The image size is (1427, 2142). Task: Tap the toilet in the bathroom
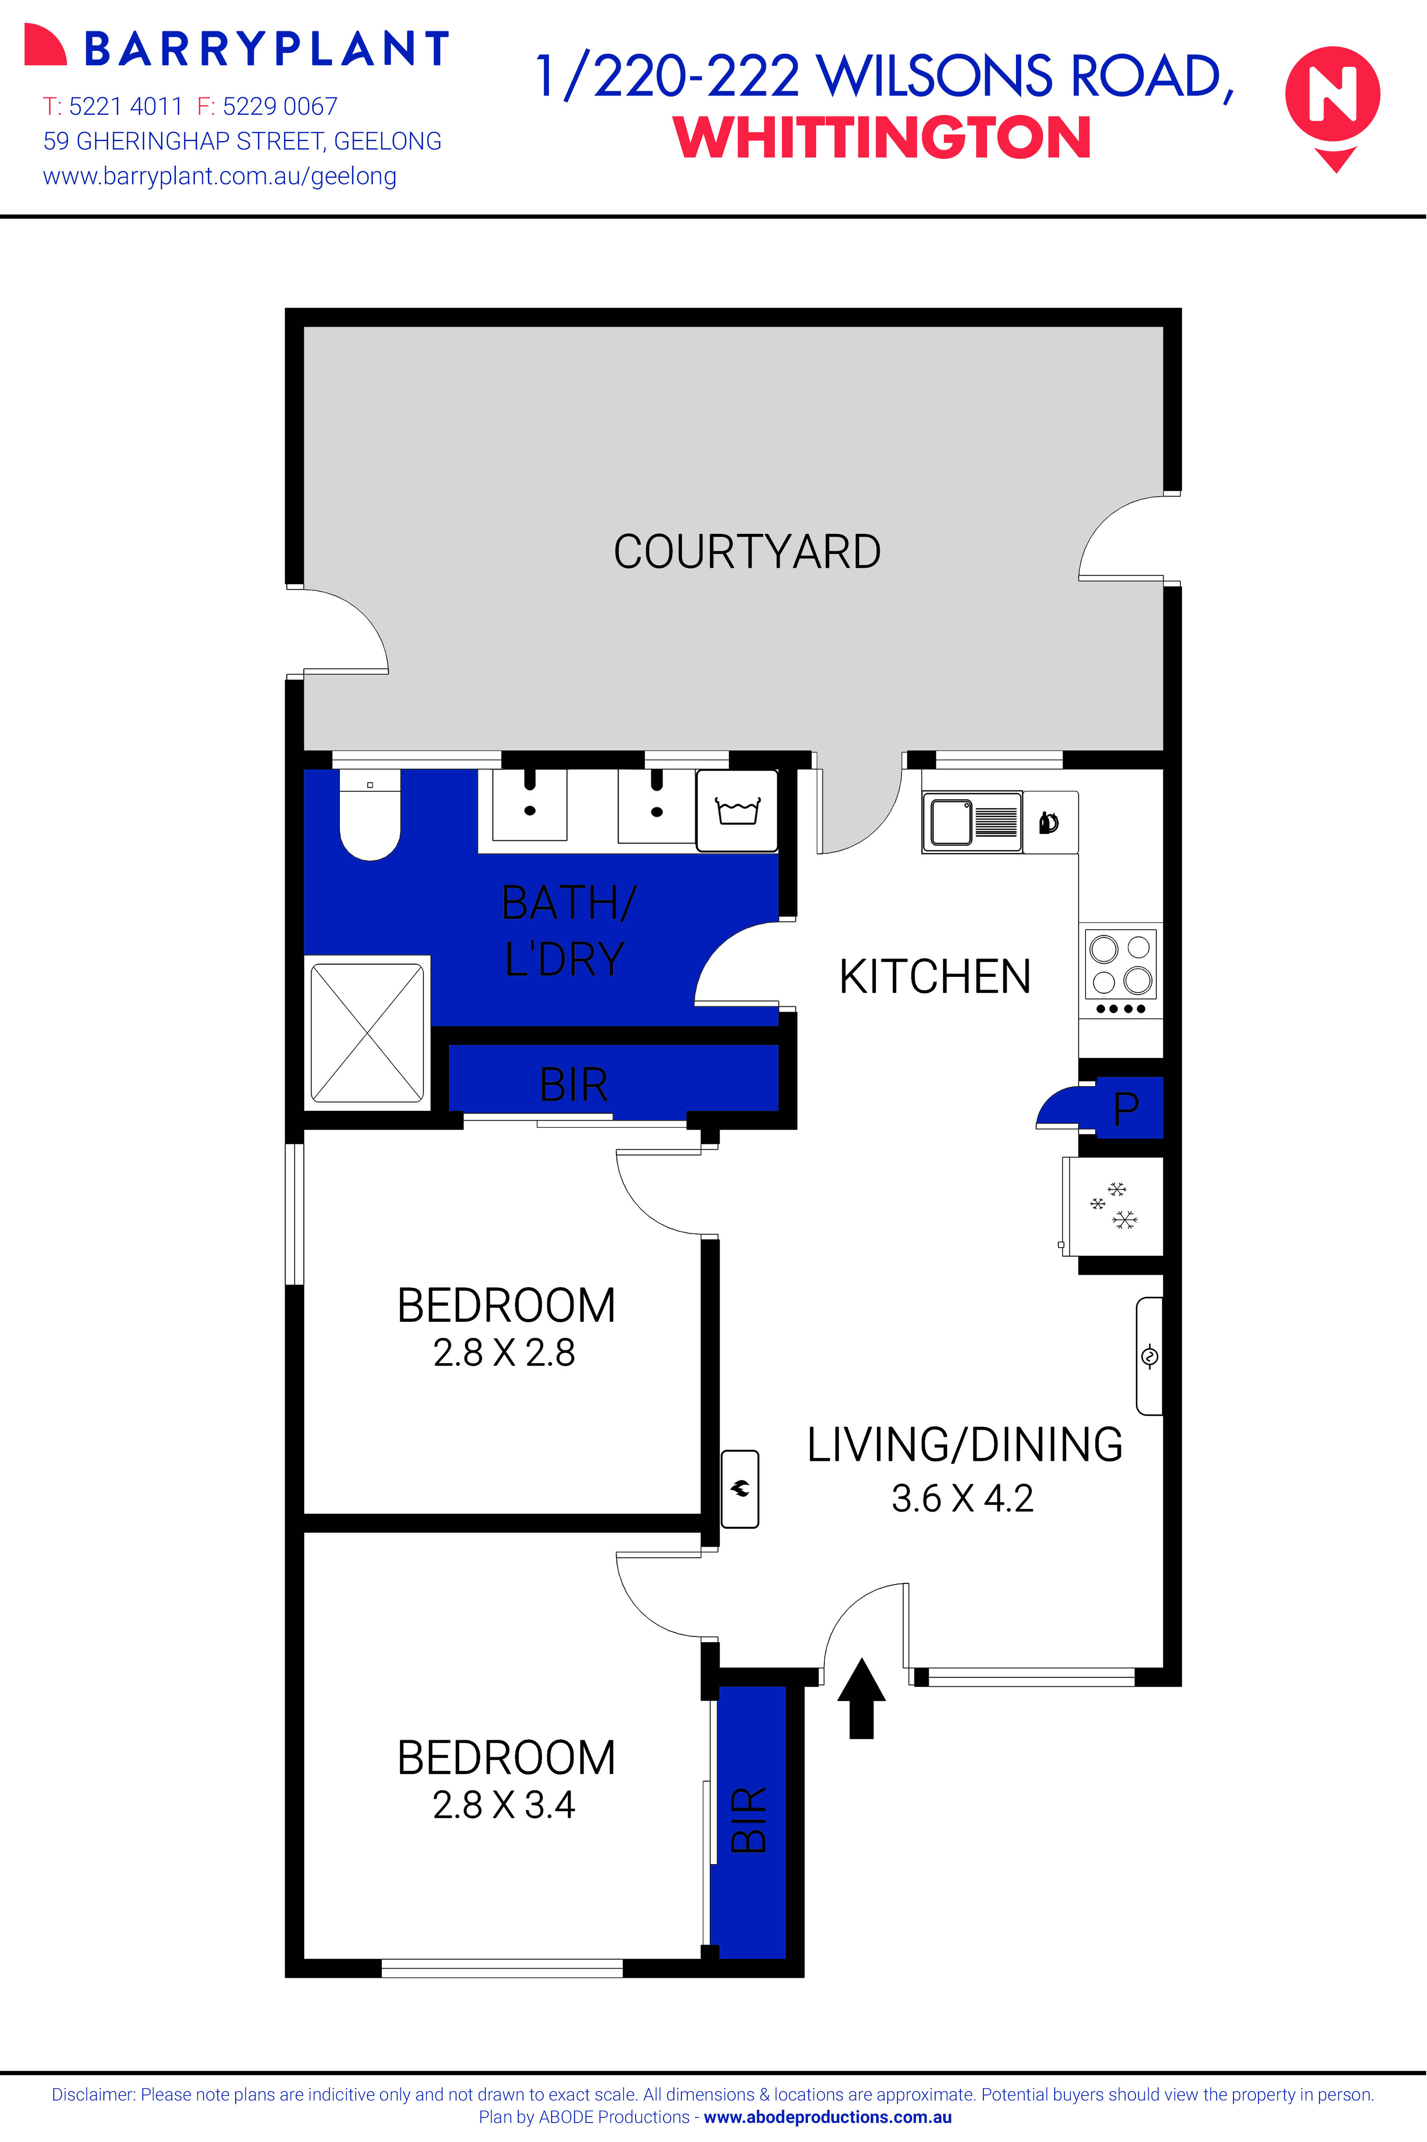pos(369,814)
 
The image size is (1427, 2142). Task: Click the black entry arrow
pos(861,1697)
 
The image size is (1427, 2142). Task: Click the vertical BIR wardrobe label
pos(749,1820)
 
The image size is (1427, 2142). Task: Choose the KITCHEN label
pos(935,977)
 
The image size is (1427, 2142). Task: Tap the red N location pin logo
pos(1333,100)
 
